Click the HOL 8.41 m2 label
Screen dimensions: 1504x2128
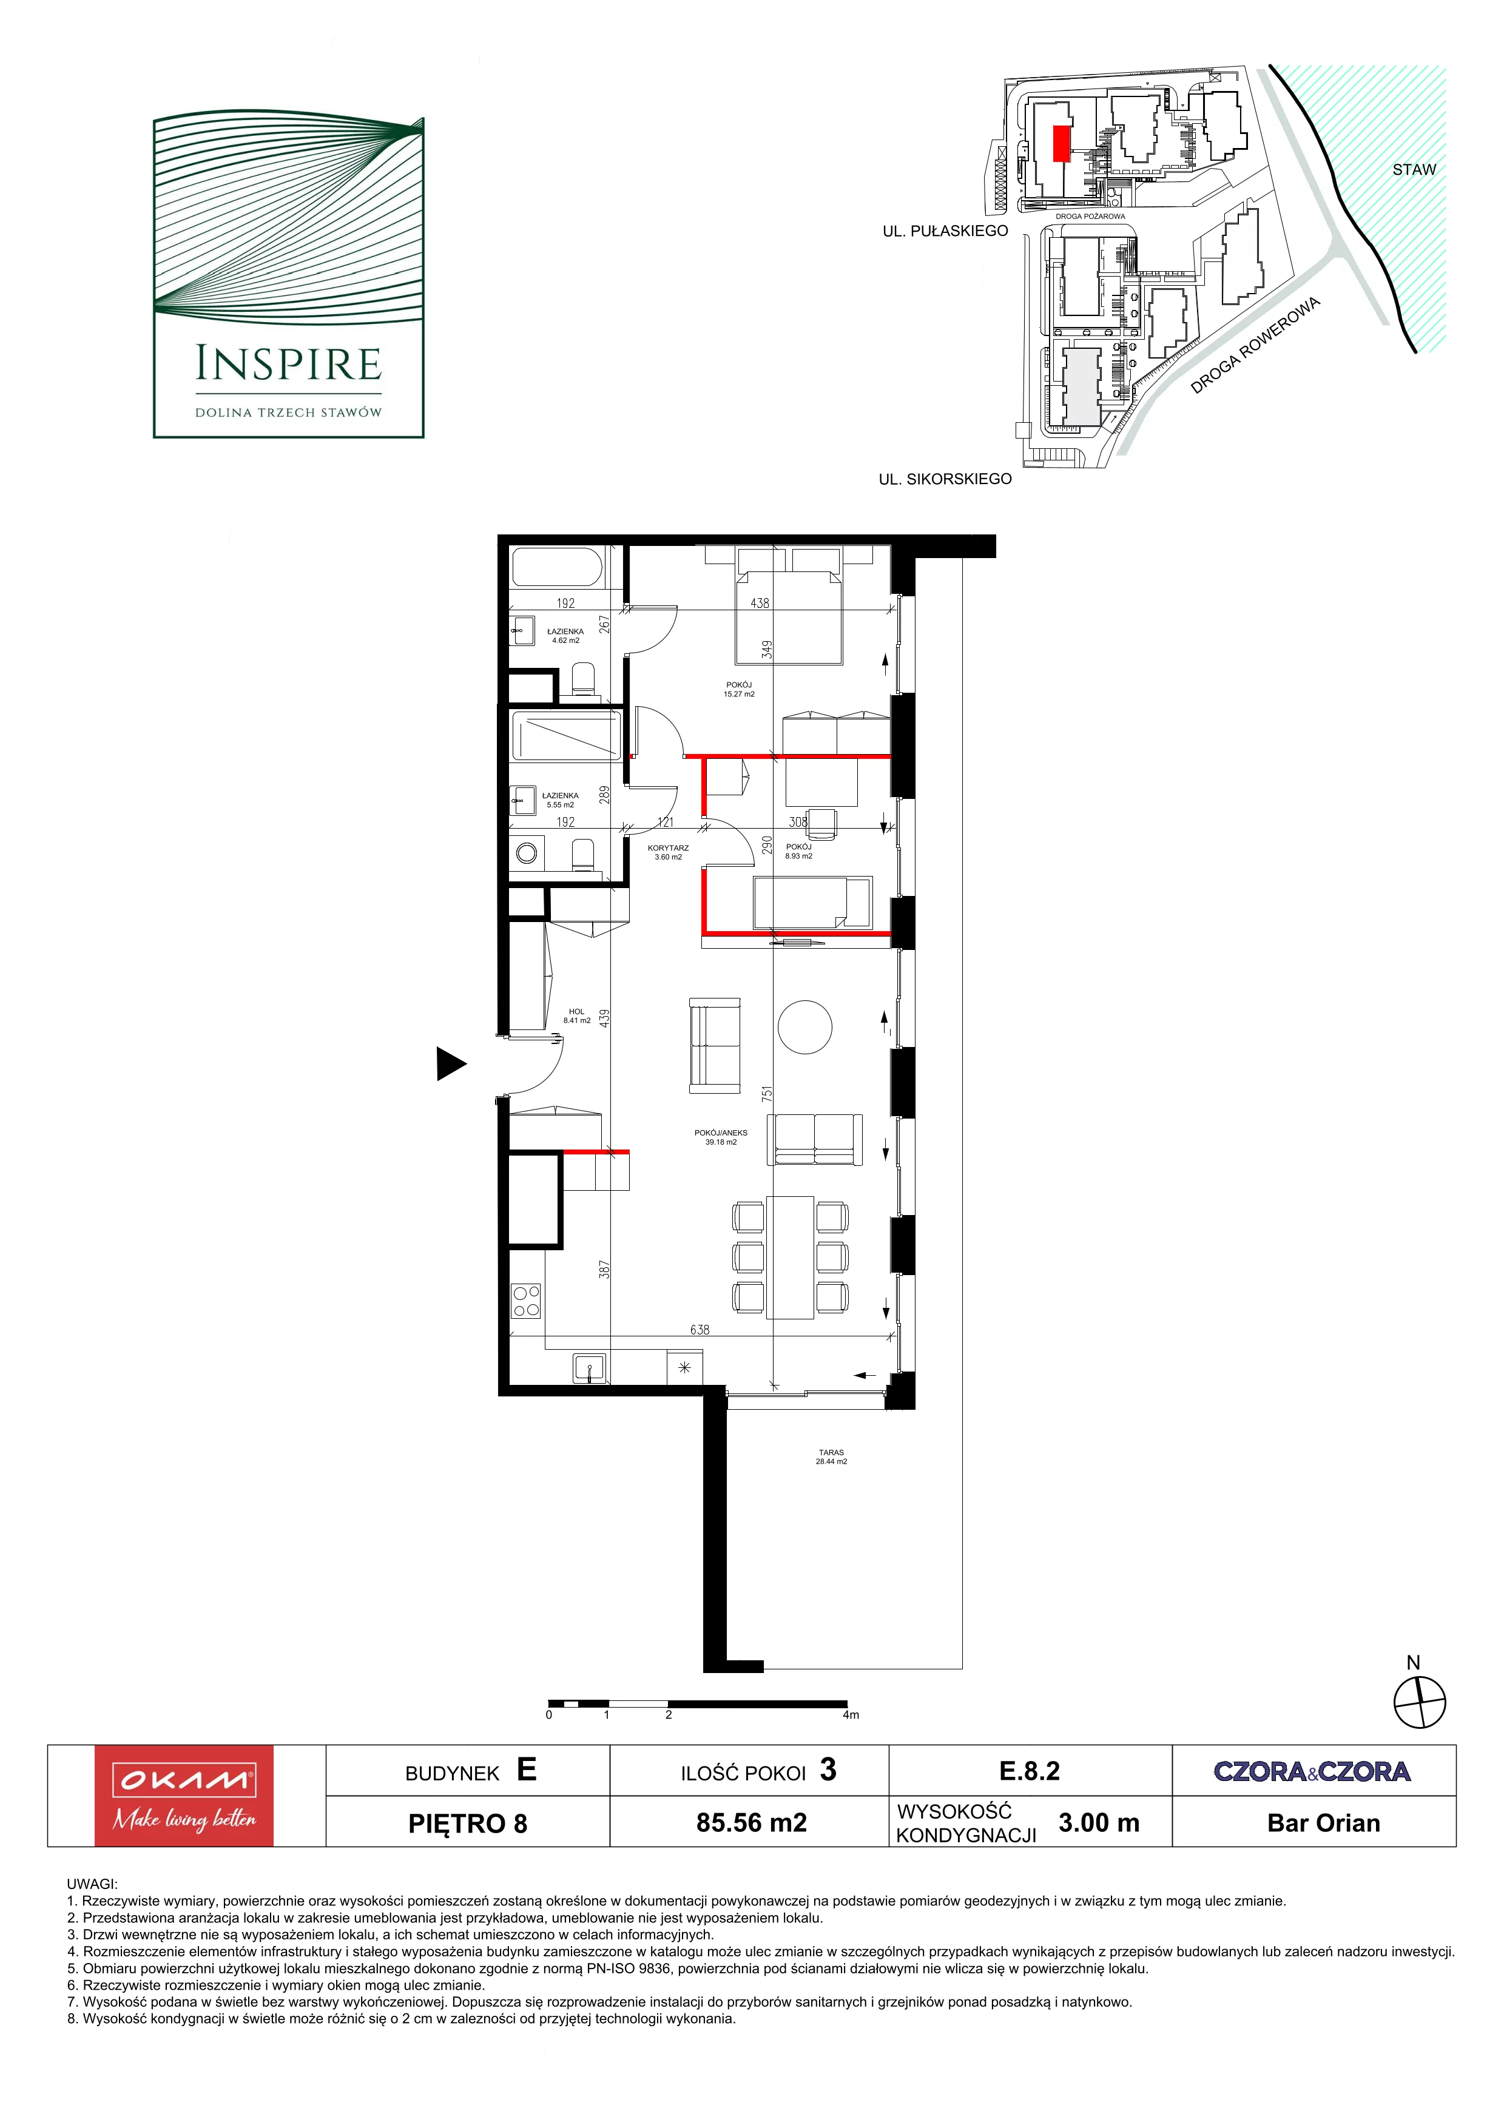click(x=576, y=1016)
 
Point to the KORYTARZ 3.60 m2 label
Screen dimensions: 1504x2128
click(x=668, y=852)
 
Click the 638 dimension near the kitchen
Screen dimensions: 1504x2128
click(x=700, y=1329)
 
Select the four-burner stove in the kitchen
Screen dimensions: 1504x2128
click(x=527, y=1301)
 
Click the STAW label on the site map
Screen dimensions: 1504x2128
click(x=1413, y=170)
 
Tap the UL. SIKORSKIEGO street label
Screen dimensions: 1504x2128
click(x=945, y=479)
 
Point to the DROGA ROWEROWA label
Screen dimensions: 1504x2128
click(x=1254, y=346)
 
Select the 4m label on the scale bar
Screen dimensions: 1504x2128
click(x=851, y=1715)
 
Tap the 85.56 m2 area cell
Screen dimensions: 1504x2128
click(x=752, y=1823)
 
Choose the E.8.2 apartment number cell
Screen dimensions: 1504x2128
click(x=1030, y=1770)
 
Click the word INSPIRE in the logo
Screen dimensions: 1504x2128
click(x=288, y=364)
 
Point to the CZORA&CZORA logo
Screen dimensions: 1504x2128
click(x=1312, y=1771)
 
